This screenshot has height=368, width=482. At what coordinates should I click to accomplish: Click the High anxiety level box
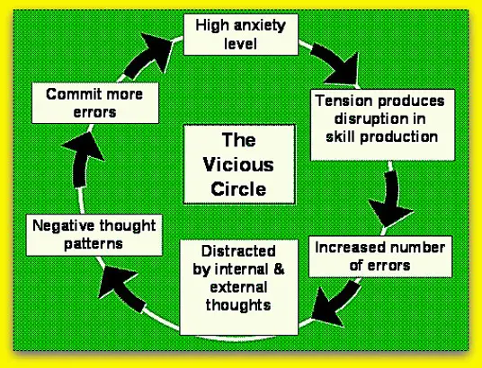click(241, 34)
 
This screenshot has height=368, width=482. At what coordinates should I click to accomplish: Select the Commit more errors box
click(95, 103)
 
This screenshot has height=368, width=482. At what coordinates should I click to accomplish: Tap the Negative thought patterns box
click(94, 235)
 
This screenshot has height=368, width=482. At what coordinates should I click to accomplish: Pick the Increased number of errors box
click(380, 257)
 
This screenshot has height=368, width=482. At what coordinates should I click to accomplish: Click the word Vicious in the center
click(238, 164)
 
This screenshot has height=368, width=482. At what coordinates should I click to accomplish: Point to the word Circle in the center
click(238, 188)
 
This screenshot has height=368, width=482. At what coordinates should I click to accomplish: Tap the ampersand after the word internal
click(279, 269)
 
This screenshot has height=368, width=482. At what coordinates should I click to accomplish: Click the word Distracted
click(238, 251)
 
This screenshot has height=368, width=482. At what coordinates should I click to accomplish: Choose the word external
click(238, 287)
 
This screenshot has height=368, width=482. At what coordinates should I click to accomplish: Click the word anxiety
click(260, 26)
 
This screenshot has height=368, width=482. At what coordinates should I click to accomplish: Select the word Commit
click(68, 94)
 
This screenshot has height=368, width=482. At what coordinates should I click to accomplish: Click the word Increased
click(342, 248)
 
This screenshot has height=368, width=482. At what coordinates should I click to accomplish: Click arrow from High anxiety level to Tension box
click(336, 63)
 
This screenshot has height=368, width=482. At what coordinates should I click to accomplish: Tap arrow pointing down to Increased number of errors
click(390, 199)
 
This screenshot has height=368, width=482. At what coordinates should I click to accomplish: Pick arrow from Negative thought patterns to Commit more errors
click(83, 160)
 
